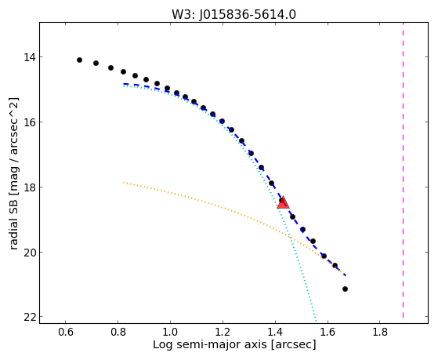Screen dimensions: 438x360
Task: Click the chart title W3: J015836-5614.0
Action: pos(233,14)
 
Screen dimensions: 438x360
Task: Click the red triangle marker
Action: pos(283,202)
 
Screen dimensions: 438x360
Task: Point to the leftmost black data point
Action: pos(79,60)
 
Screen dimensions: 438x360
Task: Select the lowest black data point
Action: pos(345,289)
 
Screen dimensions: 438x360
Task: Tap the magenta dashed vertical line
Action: pos(403,170)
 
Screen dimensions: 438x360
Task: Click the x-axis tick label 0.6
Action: pos(65,332)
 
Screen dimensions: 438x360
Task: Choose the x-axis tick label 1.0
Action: pos(170,332)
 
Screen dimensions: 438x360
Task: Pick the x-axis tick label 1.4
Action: pos(275,332)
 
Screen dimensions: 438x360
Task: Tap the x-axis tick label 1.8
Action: pos(380,332)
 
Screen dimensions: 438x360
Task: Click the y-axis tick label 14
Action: pos(29,57)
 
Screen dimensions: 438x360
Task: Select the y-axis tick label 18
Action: pos(29,187)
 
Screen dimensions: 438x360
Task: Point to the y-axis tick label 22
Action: pos(29,317)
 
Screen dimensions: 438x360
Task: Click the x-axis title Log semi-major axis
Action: pos(209,344)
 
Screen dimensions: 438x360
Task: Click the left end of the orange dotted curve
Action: pos(124,182)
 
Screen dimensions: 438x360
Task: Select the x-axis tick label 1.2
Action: pos(223,332)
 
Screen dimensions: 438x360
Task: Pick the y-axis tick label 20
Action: pos(29,253)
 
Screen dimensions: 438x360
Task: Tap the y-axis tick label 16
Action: pos(29,122)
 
